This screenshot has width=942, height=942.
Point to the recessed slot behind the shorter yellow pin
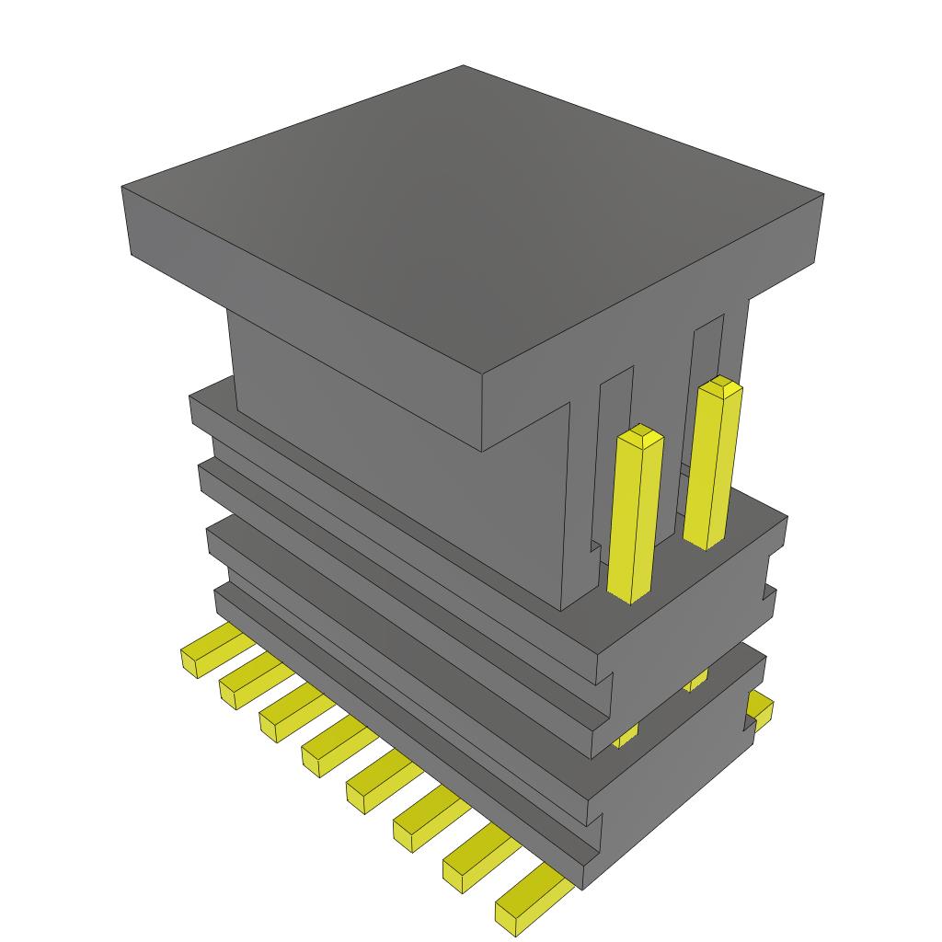tap(615, 405)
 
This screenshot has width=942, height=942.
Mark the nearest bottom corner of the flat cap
tap(483, 450)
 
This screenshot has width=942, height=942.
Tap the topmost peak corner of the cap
tap(463, 66)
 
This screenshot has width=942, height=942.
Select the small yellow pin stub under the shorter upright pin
tap(626, 735)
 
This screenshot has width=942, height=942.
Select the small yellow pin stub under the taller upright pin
tap(695, 681)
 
